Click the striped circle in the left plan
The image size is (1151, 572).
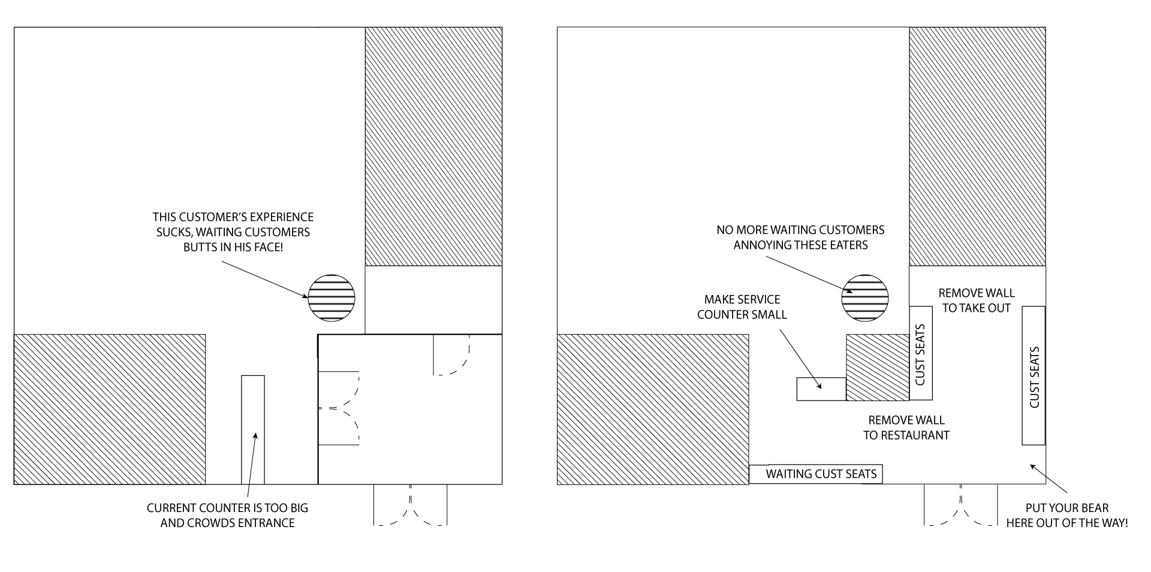(332, 297)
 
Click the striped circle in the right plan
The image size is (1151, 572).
(865, 297)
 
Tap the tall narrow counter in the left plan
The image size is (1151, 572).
(253, 429)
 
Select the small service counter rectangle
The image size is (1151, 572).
(821, 389)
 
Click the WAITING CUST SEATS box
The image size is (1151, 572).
(816, 474)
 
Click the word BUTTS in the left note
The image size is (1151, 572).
(200, 246)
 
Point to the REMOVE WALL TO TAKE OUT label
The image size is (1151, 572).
(977, 300)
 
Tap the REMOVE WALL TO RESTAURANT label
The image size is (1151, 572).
(906, 428)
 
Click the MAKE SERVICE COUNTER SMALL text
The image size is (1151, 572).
(742, 306)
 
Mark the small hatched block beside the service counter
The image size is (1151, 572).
(878, 368)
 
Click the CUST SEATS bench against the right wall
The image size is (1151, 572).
(1034, 376)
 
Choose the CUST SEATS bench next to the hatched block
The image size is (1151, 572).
(921, 353)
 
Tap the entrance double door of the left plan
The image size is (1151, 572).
(411, 505)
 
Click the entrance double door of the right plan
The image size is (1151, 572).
(961, 505)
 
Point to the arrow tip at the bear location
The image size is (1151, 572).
(1030, 465)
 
